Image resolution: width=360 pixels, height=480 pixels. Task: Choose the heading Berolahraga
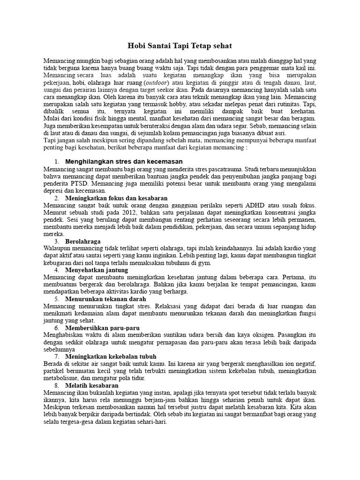(x=83, y=241)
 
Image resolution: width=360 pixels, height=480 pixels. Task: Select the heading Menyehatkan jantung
(x=95, y=270)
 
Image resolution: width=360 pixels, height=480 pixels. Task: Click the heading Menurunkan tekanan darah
(x=105, y=299)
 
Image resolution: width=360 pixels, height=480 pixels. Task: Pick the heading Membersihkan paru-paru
(x=103, y=328)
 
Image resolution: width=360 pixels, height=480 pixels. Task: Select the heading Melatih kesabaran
(x=91, y=385)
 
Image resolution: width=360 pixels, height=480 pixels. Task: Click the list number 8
(x=56, y=385)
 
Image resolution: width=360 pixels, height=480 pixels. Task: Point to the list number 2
(x=56, y=198)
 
